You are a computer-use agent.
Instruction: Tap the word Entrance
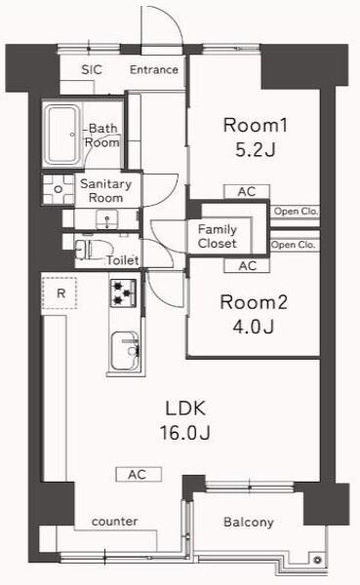point(154,69)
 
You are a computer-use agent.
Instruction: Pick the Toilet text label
point(122,260)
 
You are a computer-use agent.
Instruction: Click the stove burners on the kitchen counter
point(123,290)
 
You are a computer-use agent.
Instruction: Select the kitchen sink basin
point(124,347)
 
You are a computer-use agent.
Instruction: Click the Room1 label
point(257,125)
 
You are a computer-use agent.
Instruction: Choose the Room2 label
point(252,301)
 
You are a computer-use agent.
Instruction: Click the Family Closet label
point(218,236)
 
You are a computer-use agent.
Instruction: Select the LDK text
point(182,407)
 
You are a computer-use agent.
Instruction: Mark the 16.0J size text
point(182,432)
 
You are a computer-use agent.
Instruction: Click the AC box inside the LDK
point(137,475)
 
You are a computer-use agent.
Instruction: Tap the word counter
point(114,522)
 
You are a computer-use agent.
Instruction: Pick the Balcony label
point(248,523)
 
